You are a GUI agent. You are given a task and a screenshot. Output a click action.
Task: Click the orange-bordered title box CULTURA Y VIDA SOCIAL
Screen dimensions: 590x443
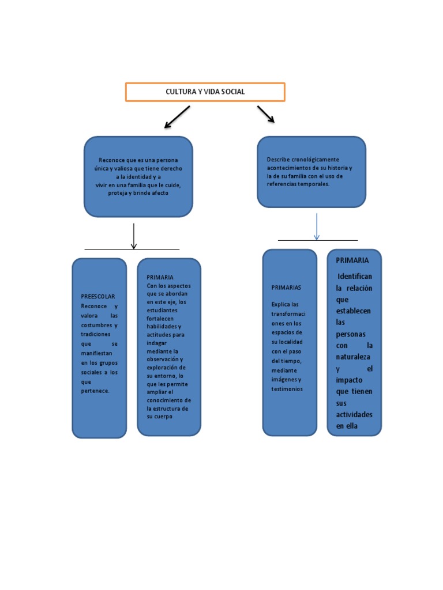point(205,92)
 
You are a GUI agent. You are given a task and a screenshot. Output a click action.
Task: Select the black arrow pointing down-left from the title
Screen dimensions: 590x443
point(177,117)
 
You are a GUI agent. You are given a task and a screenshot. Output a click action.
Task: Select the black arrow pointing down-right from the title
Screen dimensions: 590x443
point(265,114)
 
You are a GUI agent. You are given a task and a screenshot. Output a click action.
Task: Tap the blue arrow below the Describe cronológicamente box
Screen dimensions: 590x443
point(316,226)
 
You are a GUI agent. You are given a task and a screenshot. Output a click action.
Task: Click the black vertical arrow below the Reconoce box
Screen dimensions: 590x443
point(134,236)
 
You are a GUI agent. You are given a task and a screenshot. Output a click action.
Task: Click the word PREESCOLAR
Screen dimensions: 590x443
point(98,296)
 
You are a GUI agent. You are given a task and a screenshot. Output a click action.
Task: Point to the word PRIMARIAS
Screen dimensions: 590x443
point(286,287)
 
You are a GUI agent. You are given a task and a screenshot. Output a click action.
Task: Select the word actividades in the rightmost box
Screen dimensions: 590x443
point(354,415)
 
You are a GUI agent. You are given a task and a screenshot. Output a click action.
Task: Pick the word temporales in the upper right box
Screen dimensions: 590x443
point(312,184)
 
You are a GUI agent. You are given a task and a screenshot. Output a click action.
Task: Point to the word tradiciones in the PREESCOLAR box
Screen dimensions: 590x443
point(95,334)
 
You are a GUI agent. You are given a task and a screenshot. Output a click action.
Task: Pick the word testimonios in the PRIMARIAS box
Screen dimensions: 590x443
point(287,389)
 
